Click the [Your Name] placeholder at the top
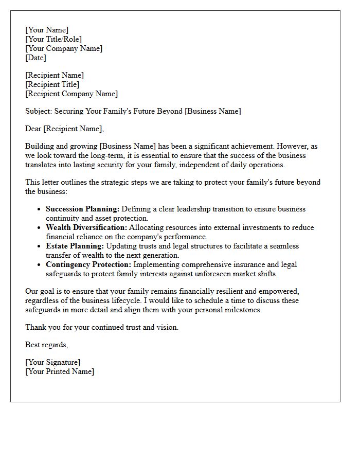coord(47,30)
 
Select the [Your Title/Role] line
coord(53,39)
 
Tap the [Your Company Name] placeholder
coord(64,48)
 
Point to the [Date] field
coord(35,58)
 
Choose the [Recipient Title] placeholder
coord(52,84)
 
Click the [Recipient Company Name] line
coord(71,94)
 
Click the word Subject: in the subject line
coord(39,111)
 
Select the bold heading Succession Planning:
coord(82,209)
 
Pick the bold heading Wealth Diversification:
coord(86,227)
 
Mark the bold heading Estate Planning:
coord(75,246)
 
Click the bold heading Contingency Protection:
coord(88,264)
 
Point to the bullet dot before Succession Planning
coord(40,209)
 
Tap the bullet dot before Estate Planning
coord(40,246)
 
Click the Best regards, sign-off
coord(46,345)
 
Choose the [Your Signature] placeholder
coord(52,362)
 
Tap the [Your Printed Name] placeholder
coord(60,371)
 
